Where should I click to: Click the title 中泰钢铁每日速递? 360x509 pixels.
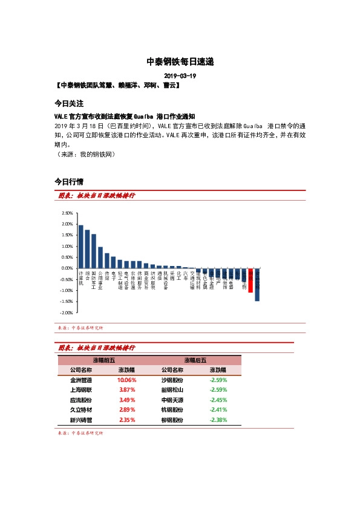[x=180, y=62]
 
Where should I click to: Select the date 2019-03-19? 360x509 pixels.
[x=180, y=76]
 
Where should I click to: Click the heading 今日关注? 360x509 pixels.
[x=68, y=103]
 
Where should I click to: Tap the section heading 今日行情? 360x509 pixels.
[x=68, y=181]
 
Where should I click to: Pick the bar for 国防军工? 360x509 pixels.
[x=94, y=251]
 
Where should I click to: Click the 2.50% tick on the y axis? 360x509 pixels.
[x=67, y=213]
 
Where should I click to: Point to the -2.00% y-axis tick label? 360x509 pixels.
[x=67, y=313]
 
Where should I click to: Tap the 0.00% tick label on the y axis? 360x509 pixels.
[x=67, y=268]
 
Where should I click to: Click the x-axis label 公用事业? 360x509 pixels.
[x=100, y=281]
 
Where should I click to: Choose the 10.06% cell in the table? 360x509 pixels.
[x=126, y=380]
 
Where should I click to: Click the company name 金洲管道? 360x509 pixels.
[x=81, y=380]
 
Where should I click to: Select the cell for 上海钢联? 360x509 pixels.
[x=81, y=390]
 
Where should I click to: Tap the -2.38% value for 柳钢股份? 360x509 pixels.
[x=218, y=420]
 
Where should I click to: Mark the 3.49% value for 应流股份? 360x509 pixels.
[x=126, y=400]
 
